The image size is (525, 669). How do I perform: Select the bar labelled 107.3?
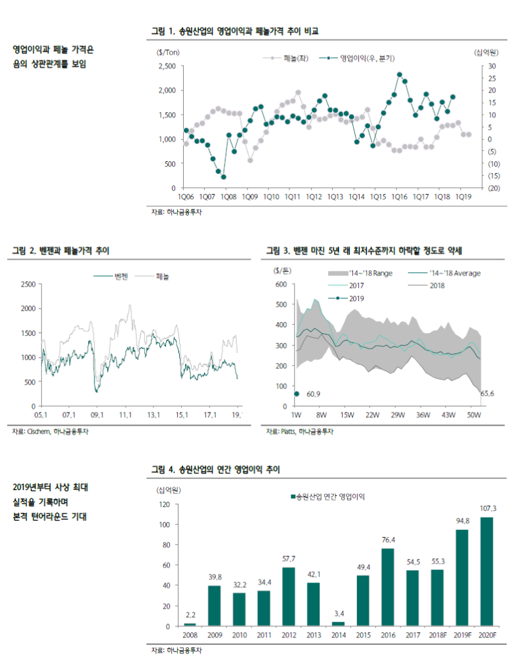point(487,571)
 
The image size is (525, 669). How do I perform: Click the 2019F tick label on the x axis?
point(462,635)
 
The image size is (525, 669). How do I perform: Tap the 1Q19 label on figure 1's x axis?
point(463,196)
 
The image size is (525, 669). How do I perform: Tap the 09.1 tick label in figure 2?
point(97,415)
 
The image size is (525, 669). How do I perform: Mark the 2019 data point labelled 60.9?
point(297,394)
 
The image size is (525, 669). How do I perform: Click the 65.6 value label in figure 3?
point(488,394)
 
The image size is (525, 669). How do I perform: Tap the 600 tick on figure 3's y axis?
point(281,284)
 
